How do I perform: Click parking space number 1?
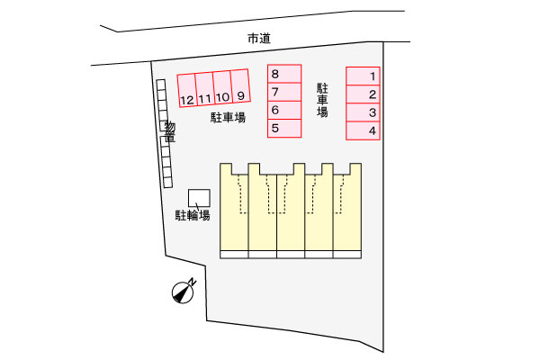tap(363, 76)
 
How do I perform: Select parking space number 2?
tap(363, 94)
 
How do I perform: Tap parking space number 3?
tap(363, 112)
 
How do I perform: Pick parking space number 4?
tap(363, 130)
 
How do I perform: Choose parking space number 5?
tap(284, 129)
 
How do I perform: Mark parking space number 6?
tap(284, 110)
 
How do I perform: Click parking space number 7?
tap(284, 92)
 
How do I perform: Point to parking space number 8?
tap(284, 74)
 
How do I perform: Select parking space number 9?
tap(240, 86)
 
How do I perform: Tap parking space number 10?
tap(222, 87)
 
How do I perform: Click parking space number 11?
tap(205, 89)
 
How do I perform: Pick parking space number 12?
tap(187, 91)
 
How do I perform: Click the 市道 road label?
tap(259, 38)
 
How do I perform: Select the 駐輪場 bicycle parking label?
tap(193, 215)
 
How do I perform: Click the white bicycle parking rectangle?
tap(199, 198)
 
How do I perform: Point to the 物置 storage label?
tap(170, 131)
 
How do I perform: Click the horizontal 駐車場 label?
tap(228, 118)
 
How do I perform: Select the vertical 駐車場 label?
tap(322, 100)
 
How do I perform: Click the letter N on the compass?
tap(193, 282)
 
